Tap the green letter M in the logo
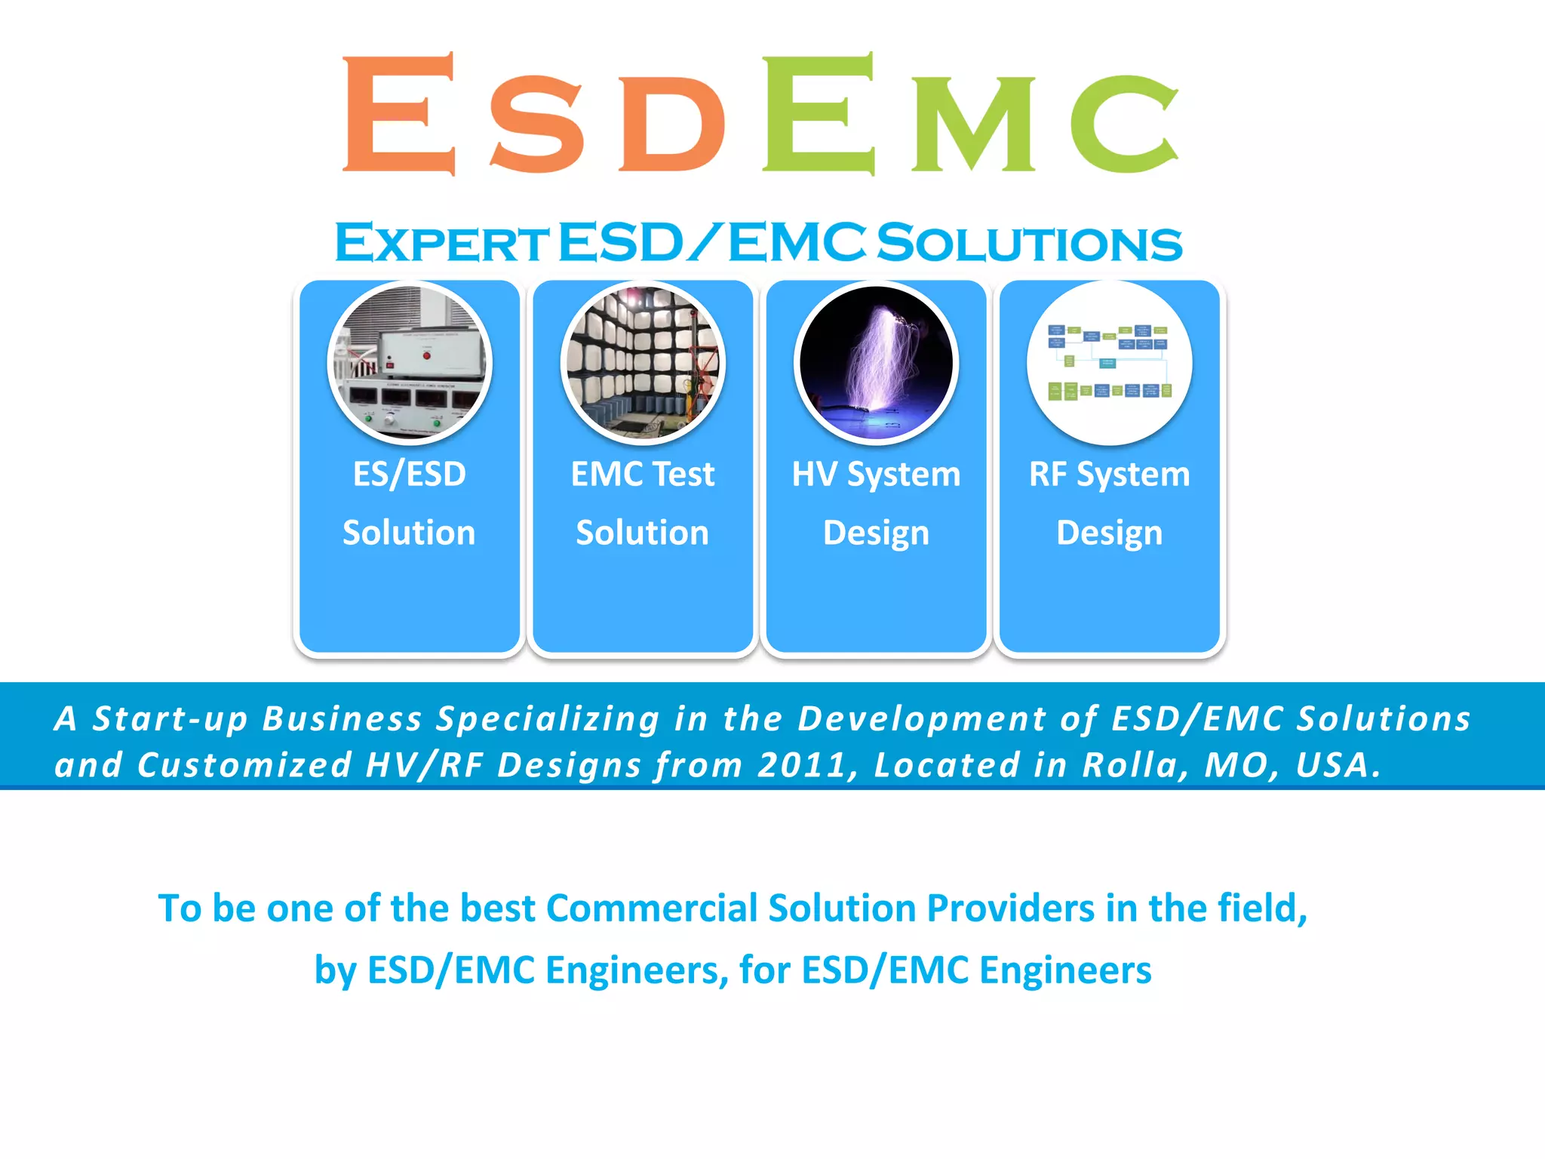coord(973,125)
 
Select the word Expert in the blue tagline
coord(441,244)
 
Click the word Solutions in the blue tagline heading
coord(1030,244)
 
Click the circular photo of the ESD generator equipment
coord(410,363)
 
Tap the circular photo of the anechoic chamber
coord(643,363)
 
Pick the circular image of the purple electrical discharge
coord(876,363)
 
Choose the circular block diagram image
coord(1109,363)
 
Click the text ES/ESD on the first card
coord(410,475)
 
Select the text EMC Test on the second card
coord(643,475)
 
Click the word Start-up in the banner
coord(170,719)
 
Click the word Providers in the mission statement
coord(1010,908)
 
